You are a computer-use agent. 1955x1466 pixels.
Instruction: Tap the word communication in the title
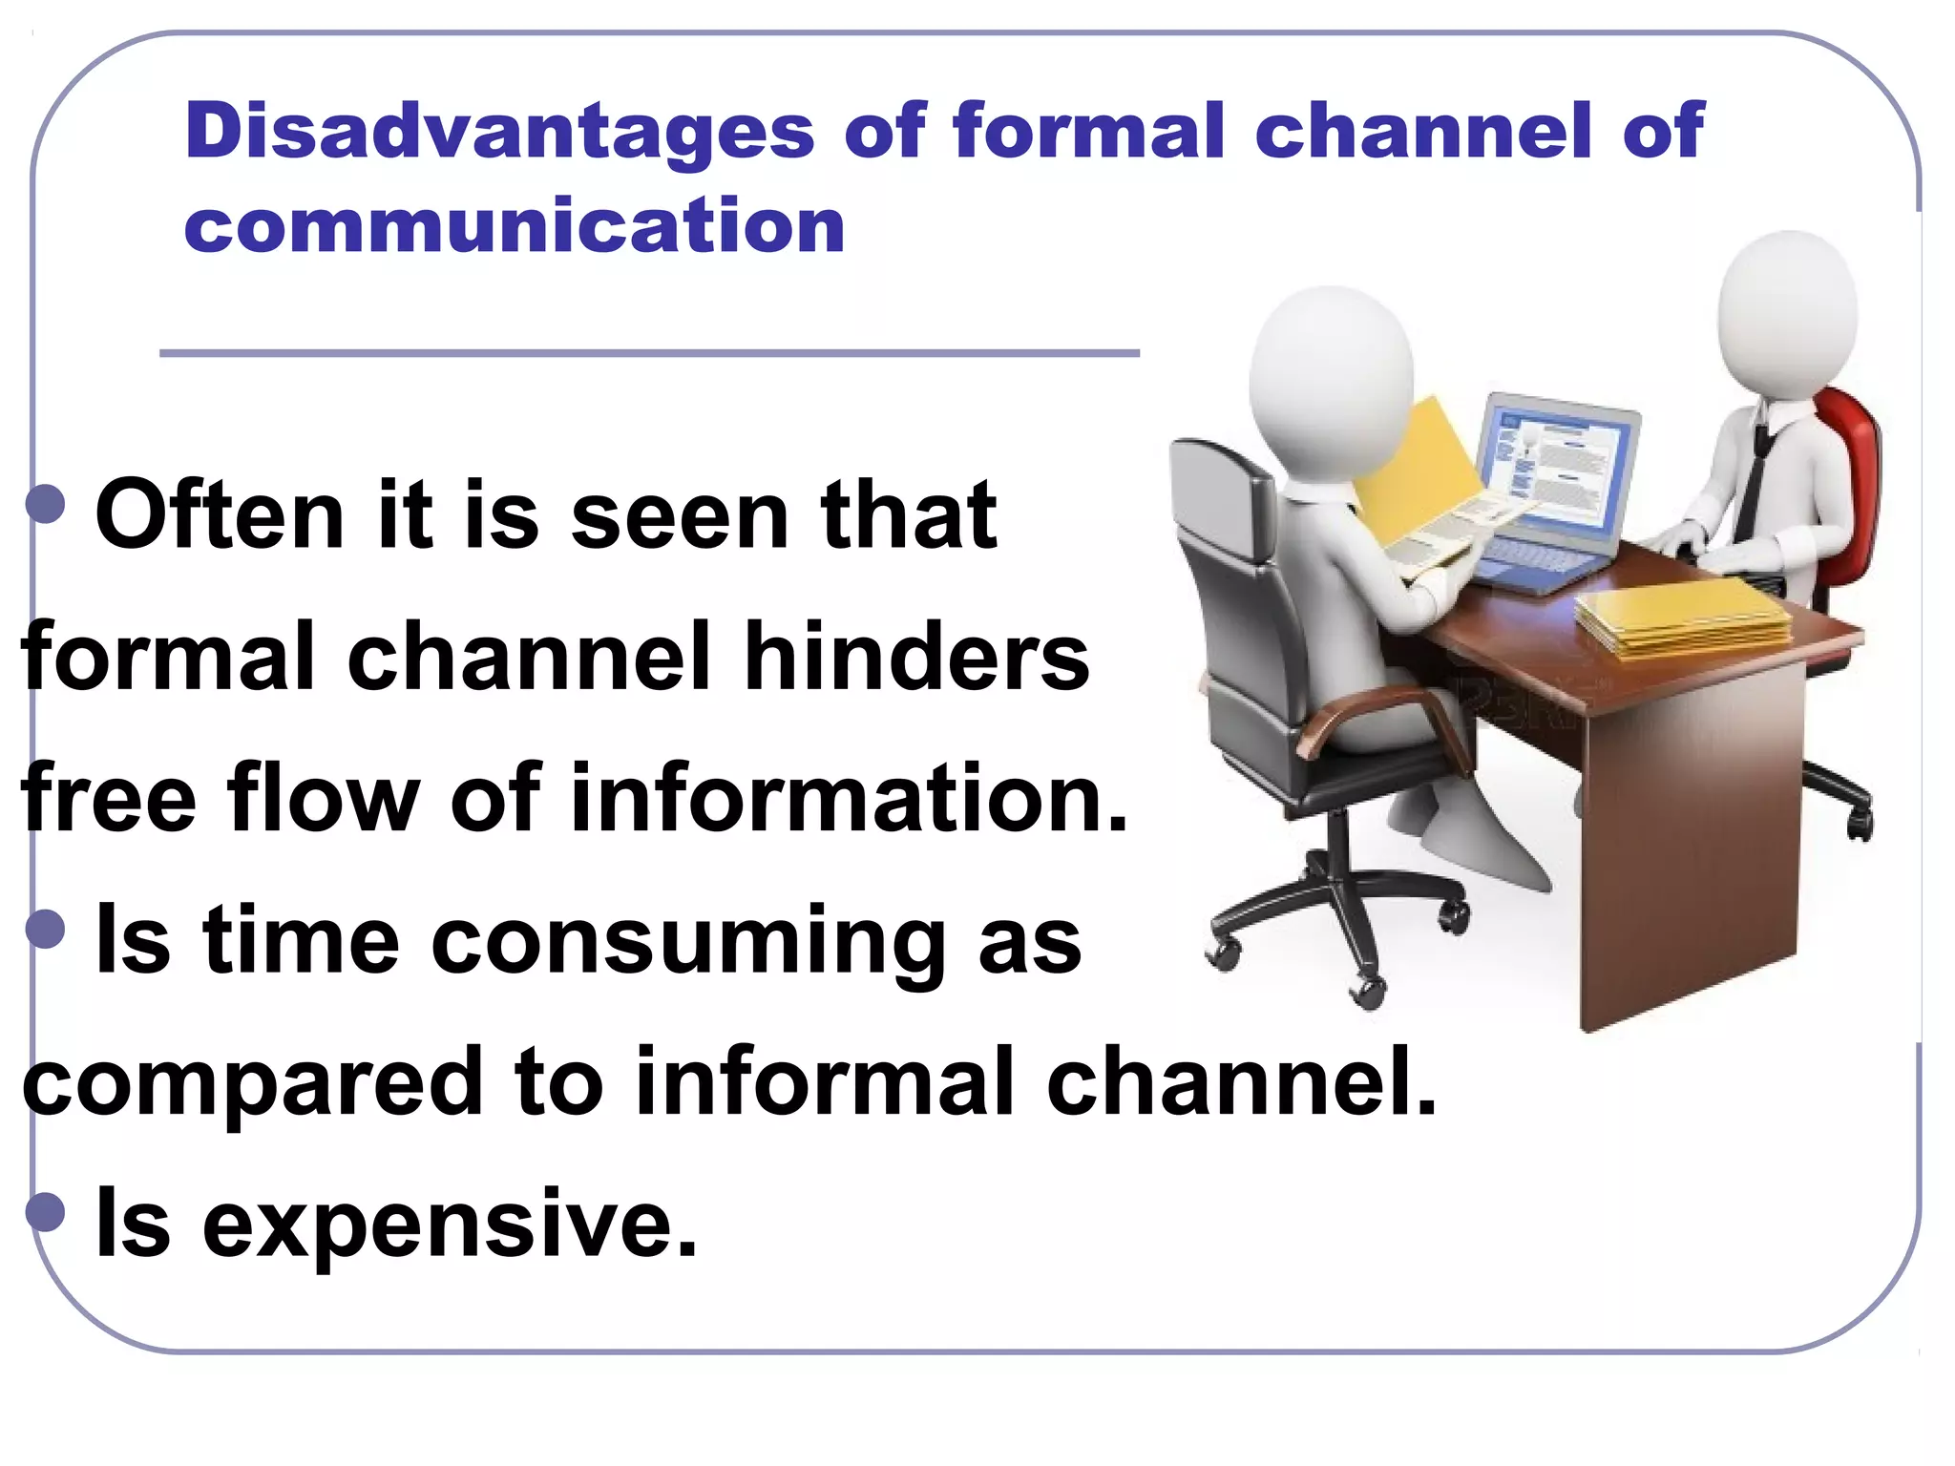tap(515, 226)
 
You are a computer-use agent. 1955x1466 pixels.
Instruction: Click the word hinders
tap(915, 658)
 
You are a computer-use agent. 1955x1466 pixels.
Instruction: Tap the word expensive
tap(449, 1225)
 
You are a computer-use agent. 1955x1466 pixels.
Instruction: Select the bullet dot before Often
tap(46, 504)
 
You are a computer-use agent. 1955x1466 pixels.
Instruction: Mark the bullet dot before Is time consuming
tap(46, 929)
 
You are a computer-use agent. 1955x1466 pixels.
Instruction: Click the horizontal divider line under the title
tap(649, 353)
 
